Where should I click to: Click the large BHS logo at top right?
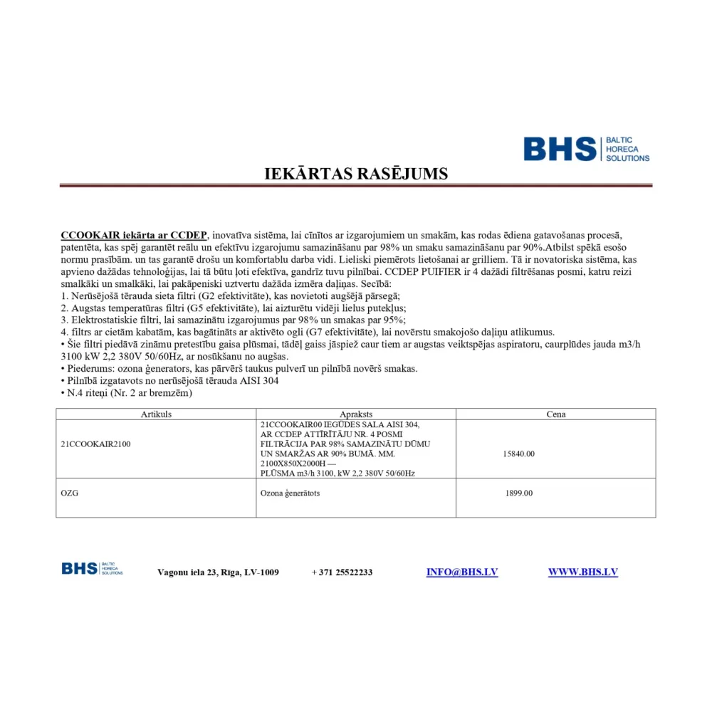(586, 149)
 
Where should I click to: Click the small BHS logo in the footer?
(92, 568)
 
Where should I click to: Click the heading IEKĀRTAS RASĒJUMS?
(356, 174)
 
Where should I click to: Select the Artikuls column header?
(156, 414)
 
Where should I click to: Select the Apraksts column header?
(356, 414)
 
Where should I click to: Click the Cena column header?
(555, 414)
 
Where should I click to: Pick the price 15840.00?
(518, 454)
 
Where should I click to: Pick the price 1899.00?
(518, 493)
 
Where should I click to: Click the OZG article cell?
(69, 493)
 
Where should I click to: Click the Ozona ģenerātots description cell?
(290, 493)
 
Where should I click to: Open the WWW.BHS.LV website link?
(582, 572)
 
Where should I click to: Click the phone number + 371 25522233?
(342, 572)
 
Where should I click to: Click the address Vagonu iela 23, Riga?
(218, 572)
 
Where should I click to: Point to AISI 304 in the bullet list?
(258, 381)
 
